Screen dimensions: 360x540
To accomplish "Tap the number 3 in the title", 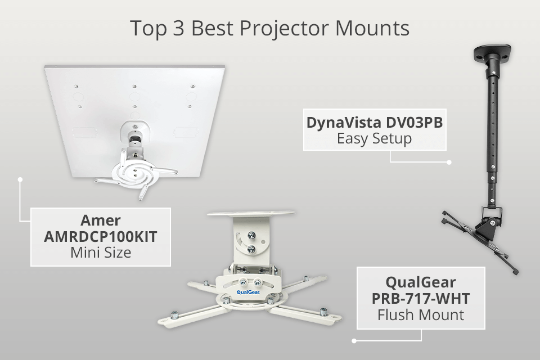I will point(178,28).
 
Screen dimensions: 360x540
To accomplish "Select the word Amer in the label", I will point(101,220).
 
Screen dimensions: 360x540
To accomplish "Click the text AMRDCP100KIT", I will point(101,236).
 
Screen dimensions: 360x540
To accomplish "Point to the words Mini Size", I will point(101,252).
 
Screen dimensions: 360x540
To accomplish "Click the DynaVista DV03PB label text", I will point(374,122).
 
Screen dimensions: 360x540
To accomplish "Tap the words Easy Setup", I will point(374,138).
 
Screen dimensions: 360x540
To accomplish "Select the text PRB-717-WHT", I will point(420,298).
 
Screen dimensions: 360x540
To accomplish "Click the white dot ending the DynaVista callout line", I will point(449,162).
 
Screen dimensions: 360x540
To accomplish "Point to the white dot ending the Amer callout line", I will point(20,179).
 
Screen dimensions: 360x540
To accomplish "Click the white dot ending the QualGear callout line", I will point(354,340).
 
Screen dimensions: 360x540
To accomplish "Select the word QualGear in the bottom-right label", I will point(420,281).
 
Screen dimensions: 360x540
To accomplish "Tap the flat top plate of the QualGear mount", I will point(251,214).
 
